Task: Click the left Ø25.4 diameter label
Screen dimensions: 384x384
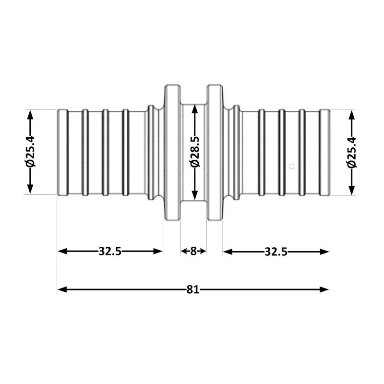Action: tap(30, 152)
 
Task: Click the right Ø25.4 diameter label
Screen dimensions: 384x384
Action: tap(352, 152)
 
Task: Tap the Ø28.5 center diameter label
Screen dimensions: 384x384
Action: tap(195, 152)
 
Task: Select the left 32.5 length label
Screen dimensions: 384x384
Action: tap(110, 251)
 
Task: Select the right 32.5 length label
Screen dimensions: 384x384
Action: tap(276, 252)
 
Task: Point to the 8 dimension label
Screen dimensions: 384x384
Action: tap(193, 251)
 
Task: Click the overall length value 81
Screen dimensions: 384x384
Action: tap(193, 290)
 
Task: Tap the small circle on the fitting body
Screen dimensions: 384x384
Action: tap(291, 167)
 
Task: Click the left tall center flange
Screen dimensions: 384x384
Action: tap(172, 153)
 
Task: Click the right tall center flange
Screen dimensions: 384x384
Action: tap(215, 153)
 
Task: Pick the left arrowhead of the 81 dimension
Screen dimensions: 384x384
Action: tap(62, 290)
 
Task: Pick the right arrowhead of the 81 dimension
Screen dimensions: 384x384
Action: tap(324, 290)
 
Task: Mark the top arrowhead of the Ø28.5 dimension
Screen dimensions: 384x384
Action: tap(195, 109)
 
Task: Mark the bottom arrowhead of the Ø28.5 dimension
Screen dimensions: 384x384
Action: tap(195, 195)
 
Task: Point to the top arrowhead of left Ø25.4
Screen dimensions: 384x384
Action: tap(30, 115)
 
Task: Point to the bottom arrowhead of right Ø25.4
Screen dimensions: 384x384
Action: tap(352, 190)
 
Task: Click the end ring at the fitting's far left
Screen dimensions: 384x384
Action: tap(62, 153)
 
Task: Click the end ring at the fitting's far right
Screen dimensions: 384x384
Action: tap(325, 153)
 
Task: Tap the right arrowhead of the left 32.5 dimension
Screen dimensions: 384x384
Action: tap(158, 251)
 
